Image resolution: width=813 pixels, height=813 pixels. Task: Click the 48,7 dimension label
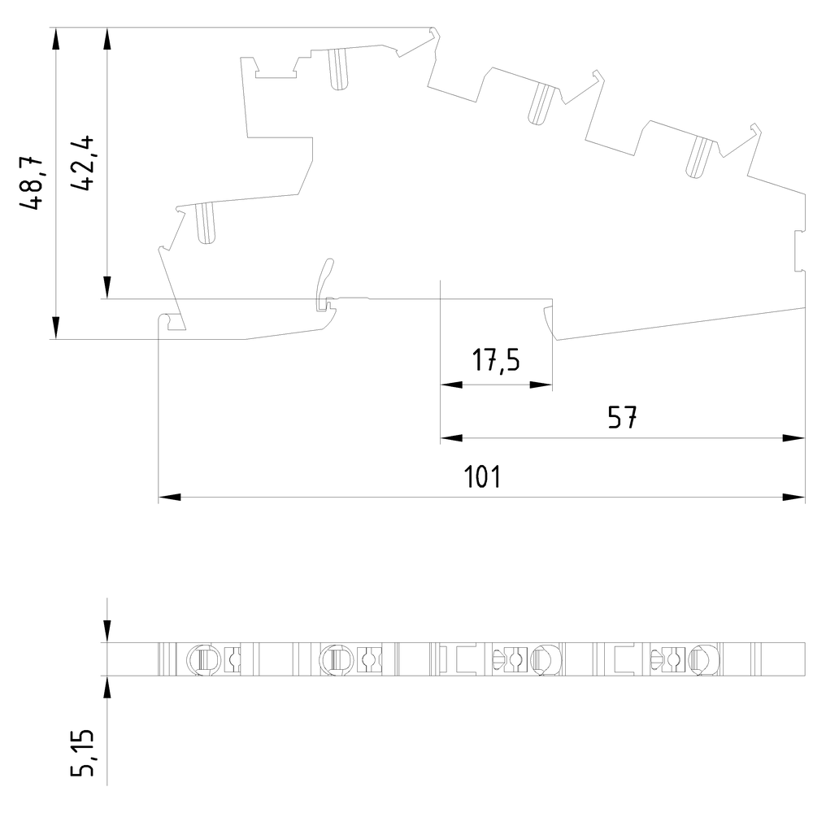pos(31,181)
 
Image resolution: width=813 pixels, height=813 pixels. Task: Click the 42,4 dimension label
pos(81,163)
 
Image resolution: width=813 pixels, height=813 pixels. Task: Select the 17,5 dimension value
pos(496,360)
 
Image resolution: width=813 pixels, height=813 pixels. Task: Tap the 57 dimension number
pos(622,417)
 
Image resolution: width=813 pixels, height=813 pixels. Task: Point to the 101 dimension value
pos(482,477)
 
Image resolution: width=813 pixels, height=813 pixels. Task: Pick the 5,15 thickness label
pos(82,753)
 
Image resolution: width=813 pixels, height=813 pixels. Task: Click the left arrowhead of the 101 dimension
pos(170,498)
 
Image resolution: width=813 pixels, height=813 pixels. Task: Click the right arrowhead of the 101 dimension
pos(793,498)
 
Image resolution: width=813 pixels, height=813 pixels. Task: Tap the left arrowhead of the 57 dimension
pos(451,438)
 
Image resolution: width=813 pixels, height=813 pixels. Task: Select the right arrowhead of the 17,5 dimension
pos(541,385)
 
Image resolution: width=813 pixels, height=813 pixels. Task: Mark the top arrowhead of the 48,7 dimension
pos(56,39)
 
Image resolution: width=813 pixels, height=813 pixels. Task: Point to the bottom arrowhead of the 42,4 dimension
pos(107,287)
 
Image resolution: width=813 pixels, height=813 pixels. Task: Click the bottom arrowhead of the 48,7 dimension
pos(56,328)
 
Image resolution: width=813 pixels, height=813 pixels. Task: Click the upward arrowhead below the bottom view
pos(107,688)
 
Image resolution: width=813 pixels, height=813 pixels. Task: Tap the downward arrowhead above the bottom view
pos(107,631)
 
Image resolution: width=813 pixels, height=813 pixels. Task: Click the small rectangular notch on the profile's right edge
pos(800,251)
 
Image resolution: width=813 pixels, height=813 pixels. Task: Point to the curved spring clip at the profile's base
pos(324,284)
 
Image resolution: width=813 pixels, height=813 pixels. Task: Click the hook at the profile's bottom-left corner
pos(171,321)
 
